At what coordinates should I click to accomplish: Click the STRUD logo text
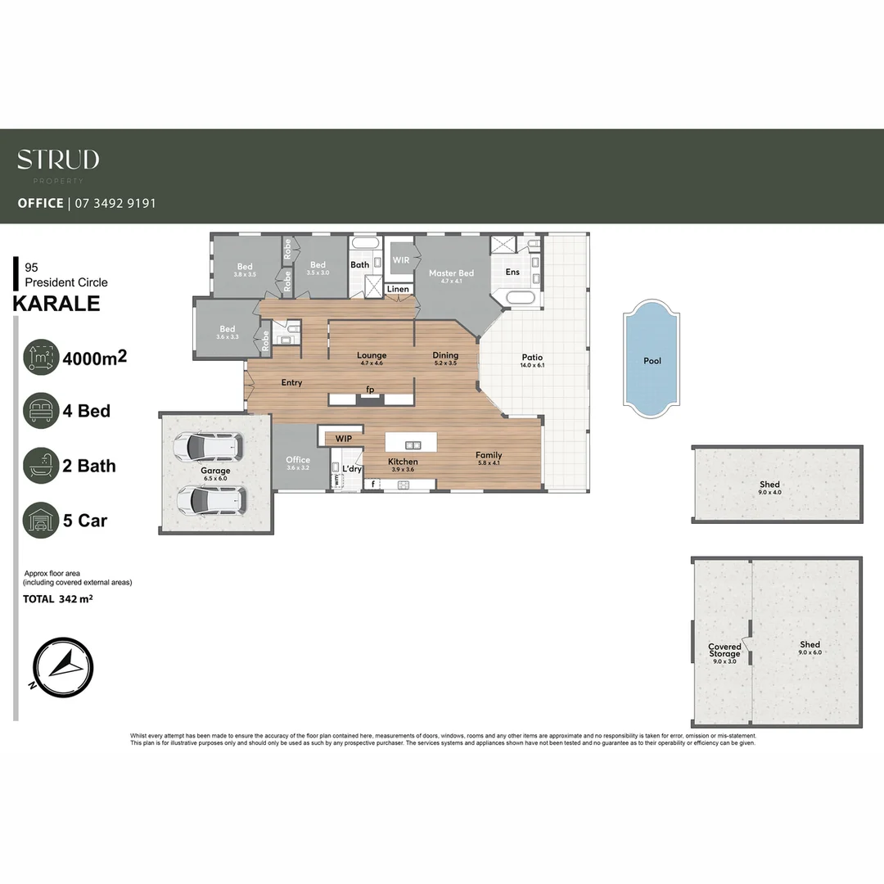58,160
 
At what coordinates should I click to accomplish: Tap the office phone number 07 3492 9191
115,203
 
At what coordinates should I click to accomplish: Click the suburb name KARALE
56,304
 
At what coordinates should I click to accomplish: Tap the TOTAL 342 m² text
57,599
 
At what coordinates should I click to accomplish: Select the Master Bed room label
451,273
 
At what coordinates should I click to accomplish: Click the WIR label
401,260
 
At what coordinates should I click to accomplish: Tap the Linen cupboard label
398,289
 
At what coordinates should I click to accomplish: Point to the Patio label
532,358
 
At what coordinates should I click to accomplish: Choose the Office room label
298,460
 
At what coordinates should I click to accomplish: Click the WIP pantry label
344,439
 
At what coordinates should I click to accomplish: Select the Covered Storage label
724,651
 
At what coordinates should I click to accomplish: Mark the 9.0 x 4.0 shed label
769,488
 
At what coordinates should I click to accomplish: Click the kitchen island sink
413,445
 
